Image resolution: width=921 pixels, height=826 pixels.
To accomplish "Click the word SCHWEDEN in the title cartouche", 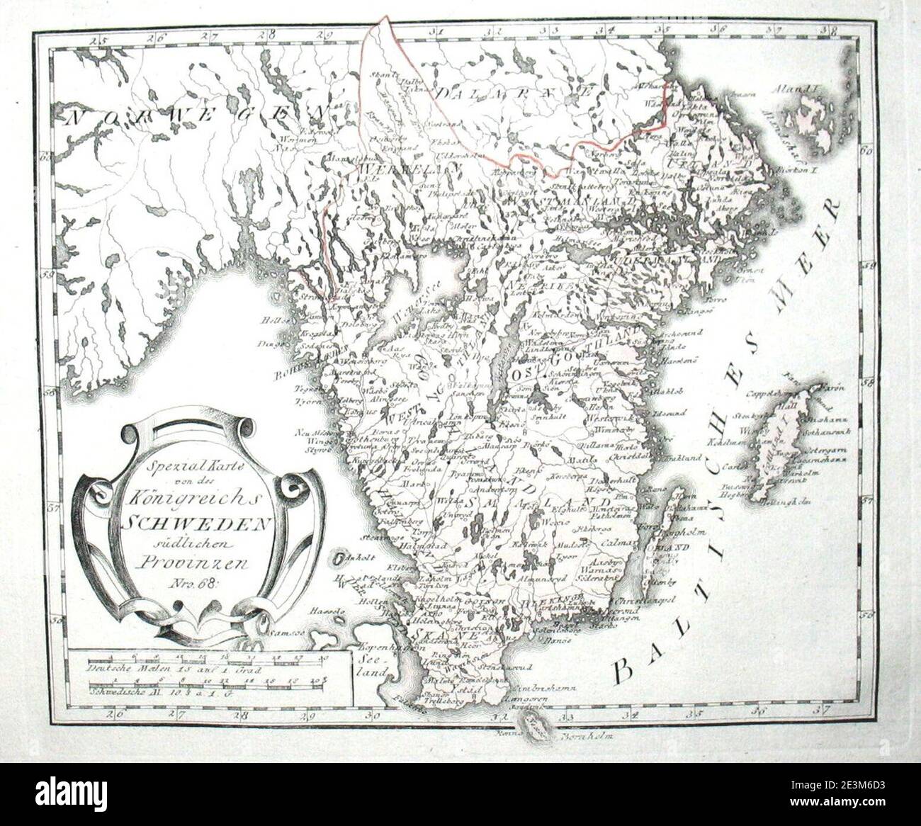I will point(199,523).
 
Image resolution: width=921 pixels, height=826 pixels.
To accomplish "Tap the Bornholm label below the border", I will point(585,737).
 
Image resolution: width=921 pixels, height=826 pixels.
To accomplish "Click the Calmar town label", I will point(611,543).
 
